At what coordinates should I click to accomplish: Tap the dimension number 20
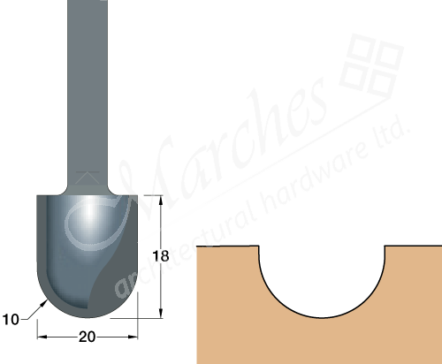point(87,336)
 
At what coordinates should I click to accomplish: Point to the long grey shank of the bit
point(85,88)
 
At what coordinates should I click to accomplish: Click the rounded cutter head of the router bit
point(87,256)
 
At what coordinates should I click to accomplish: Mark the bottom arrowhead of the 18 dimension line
point(160,312)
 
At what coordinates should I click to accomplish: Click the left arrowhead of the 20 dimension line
point(41,336)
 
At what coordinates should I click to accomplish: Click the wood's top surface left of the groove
point(226,246)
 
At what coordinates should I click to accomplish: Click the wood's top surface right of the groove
point(412,246)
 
